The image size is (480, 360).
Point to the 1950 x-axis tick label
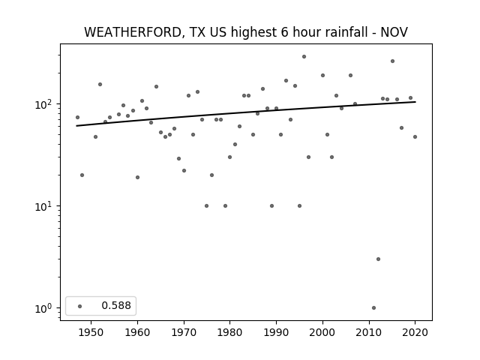(91, 332)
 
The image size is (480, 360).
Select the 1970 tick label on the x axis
(184, 332)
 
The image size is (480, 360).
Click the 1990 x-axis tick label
(277, 332)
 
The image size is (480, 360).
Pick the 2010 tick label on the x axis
(369, 332)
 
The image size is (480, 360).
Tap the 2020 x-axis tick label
(415, 332)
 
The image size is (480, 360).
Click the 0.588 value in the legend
(116, 305)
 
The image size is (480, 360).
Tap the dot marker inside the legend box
(80, 306)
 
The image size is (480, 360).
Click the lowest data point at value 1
(373, 307)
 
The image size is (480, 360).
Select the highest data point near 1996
(304, 57)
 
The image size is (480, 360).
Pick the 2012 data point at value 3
(378, 259)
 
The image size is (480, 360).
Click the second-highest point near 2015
(392, 61)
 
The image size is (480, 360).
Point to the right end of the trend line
(415, 102)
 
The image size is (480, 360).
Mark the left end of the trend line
(76, 126)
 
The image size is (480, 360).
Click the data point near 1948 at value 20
(82, 175)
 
